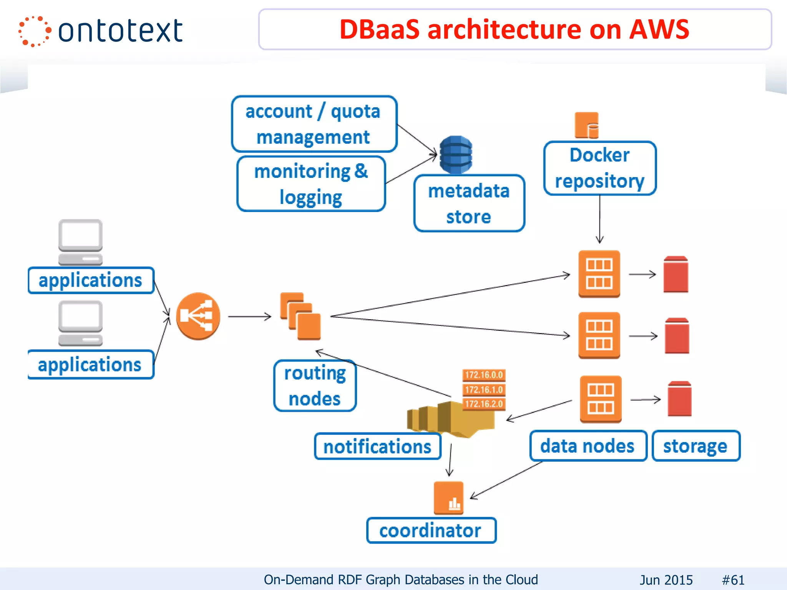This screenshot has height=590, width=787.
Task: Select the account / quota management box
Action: (314, 124)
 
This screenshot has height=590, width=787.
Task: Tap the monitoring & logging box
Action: (311, 184)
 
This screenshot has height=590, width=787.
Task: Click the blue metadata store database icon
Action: (456, 154)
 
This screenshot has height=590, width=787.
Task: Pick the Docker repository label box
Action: (599, 168)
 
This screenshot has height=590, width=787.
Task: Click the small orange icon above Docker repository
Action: (587, 125)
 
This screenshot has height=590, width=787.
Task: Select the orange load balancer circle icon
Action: (198, 316)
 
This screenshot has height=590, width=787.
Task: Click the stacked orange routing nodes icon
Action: (301, 316)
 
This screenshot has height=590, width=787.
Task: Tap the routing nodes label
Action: (315, 385)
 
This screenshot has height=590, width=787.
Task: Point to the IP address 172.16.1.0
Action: (483, 389)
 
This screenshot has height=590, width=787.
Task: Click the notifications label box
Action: (377, 446)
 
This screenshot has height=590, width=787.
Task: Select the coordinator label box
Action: (431, 530)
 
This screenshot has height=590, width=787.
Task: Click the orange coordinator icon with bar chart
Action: (448, 498)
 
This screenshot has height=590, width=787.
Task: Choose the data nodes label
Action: (588, 446)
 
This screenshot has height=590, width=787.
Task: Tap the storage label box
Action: (696, 446)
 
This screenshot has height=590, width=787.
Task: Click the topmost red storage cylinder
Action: (676, 274)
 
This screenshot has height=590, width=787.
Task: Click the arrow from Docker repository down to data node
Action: (599, 219)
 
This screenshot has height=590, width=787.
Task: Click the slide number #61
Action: (733, 580)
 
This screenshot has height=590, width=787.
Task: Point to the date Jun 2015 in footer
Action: (666, 580)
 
